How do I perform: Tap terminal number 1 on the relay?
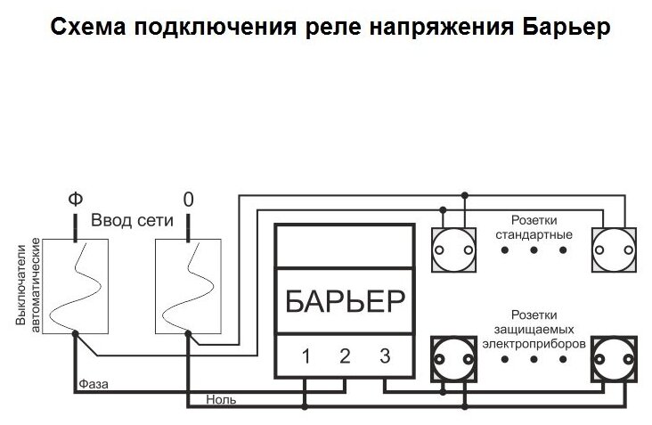[306, 358]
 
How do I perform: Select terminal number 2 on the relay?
[345, 358]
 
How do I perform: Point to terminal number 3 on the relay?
[384, 358]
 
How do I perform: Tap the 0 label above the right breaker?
[187, 199]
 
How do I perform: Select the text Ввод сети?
[131, 221]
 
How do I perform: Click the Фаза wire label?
[94, 384]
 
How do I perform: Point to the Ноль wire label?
[221, 401]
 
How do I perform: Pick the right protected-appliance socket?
[615, 359]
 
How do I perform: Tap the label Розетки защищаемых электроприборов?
[534, 328]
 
